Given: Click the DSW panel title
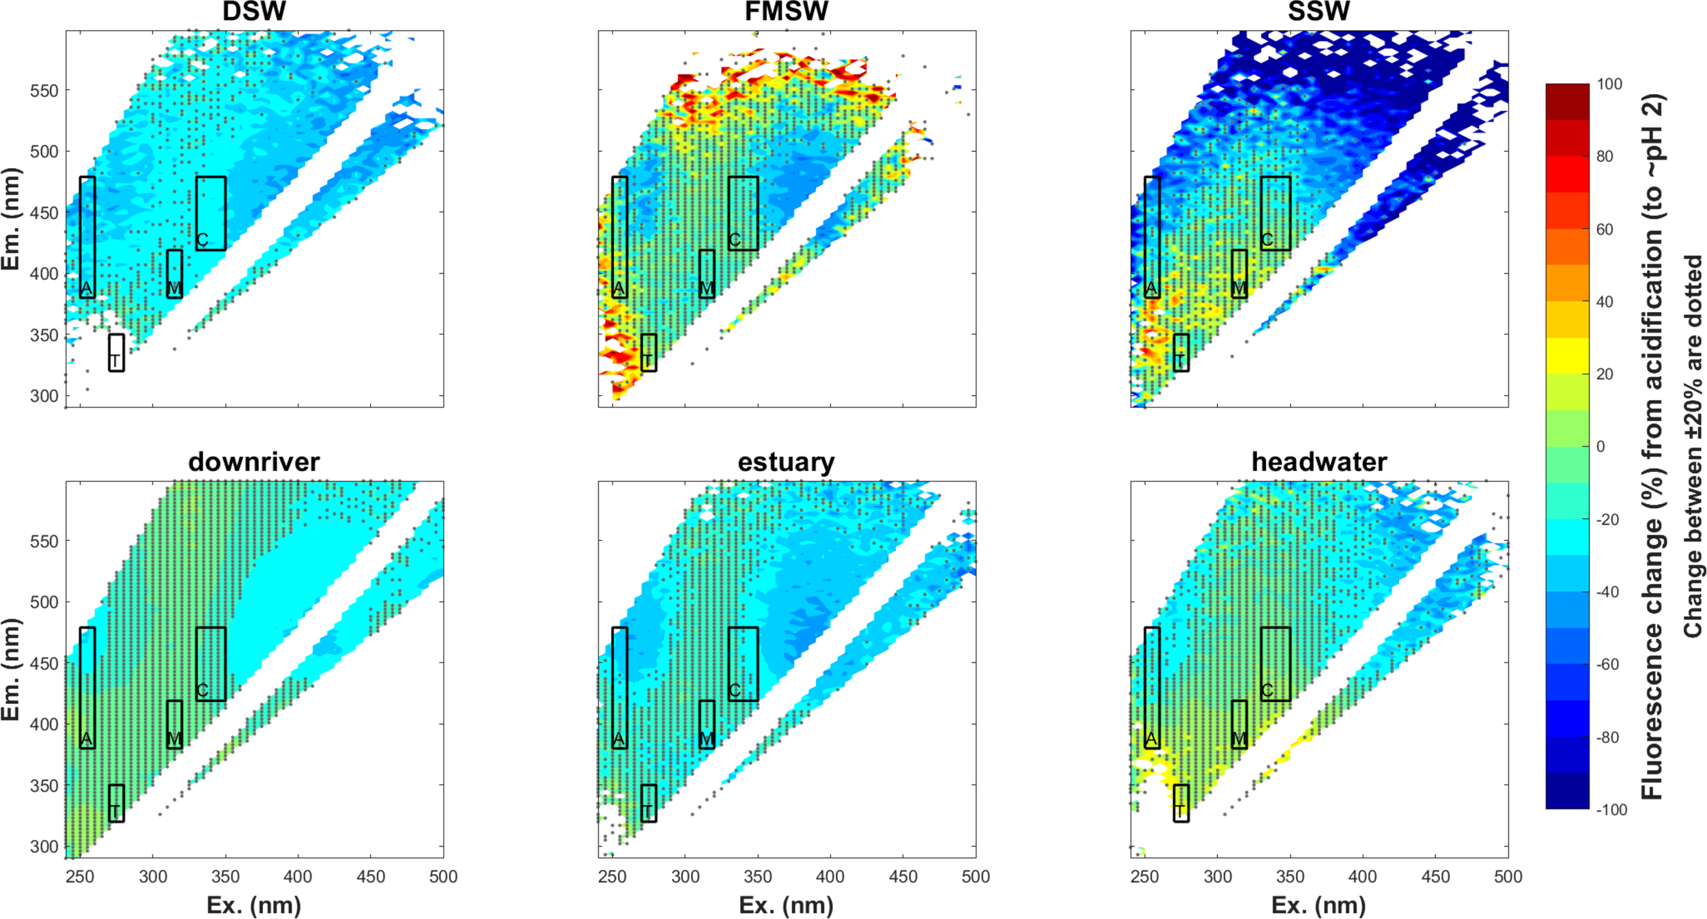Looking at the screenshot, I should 254,12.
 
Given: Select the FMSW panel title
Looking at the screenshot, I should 787,12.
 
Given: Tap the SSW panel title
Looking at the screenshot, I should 1318,12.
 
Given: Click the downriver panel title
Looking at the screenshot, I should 254,462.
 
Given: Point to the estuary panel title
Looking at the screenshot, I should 787,462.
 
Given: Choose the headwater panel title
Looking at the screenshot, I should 1318,462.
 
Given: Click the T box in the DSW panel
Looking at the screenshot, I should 117,352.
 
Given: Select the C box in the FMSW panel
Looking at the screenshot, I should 743,213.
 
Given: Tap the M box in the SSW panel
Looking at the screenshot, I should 1239,274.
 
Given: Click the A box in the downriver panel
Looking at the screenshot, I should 87,688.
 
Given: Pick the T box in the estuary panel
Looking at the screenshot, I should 649,803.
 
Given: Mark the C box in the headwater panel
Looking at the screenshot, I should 1275,664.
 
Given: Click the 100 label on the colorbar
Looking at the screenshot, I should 1609,84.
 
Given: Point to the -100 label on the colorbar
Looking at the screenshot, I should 1611,810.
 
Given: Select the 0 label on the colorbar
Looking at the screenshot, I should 1601,447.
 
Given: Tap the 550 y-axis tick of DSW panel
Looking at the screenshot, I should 44,91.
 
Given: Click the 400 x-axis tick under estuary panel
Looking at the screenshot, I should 830,877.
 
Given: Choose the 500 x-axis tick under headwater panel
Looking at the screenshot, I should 1508,877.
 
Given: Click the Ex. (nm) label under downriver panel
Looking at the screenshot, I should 254,905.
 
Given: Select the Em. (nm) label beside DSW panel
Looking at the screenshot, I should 11,218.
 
